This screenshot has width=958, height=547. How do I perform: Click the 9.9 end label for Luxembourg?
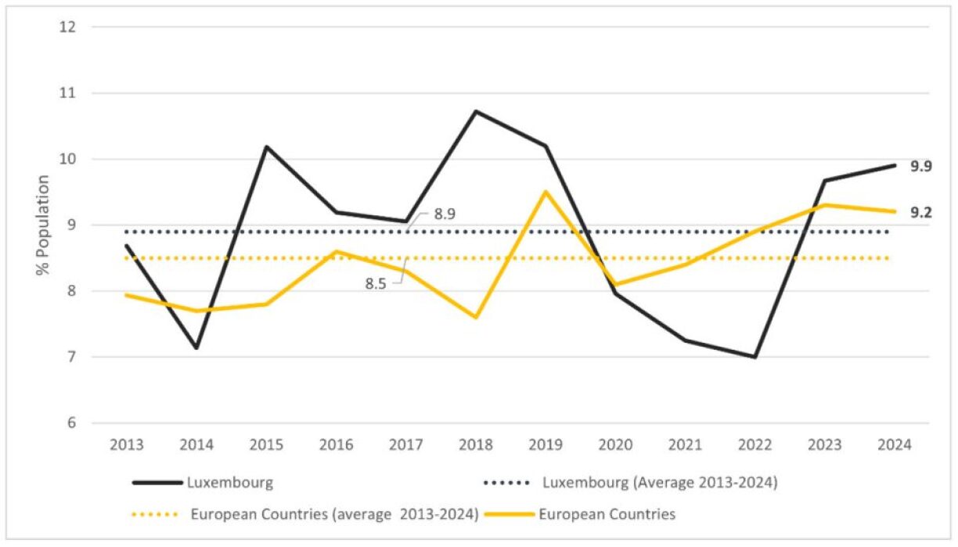point(920,166)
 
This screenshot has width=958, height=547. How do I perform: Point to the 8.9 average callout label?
point(444,212)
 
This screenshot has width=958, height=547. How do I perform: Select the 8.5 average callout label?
point(376,283)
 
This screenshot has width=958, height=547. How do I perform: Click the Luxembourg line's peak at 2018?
point(476,111)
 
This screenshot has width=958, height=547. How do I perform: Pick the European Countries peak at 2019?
point(546,192)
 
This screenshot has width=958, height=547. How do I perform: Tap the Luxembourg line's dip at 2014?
point(196,348)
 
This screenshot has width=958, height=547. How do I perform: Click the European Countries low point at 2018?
point(476,317)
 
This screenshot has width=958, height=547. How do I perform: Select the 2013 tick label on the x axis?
point(127,445)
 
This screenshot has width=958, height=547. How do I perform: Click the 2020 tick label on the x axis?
point(615,445)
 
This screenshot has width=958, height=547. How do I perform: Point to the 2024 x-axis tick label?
point(895,445)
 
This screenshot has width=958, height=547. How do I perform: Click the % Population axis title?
point(43,225)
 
